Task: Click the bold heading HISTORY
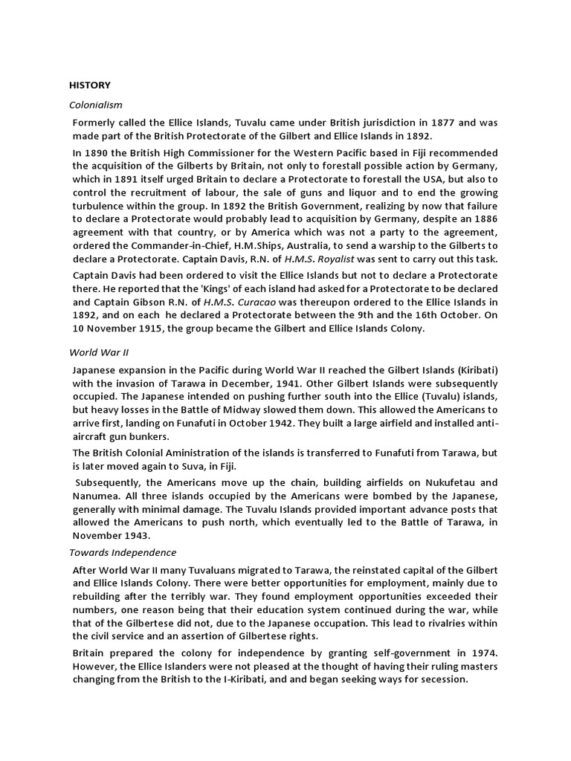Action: click(90, 85)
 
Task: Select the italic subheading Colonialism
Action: click(96, 105)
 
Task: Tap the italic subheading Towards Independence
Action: click(123, 552)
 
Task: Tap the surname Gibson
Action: click(158, 302)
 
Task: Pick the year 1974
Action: click(480, 653)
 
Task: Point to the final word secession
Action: click(438, 680)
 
